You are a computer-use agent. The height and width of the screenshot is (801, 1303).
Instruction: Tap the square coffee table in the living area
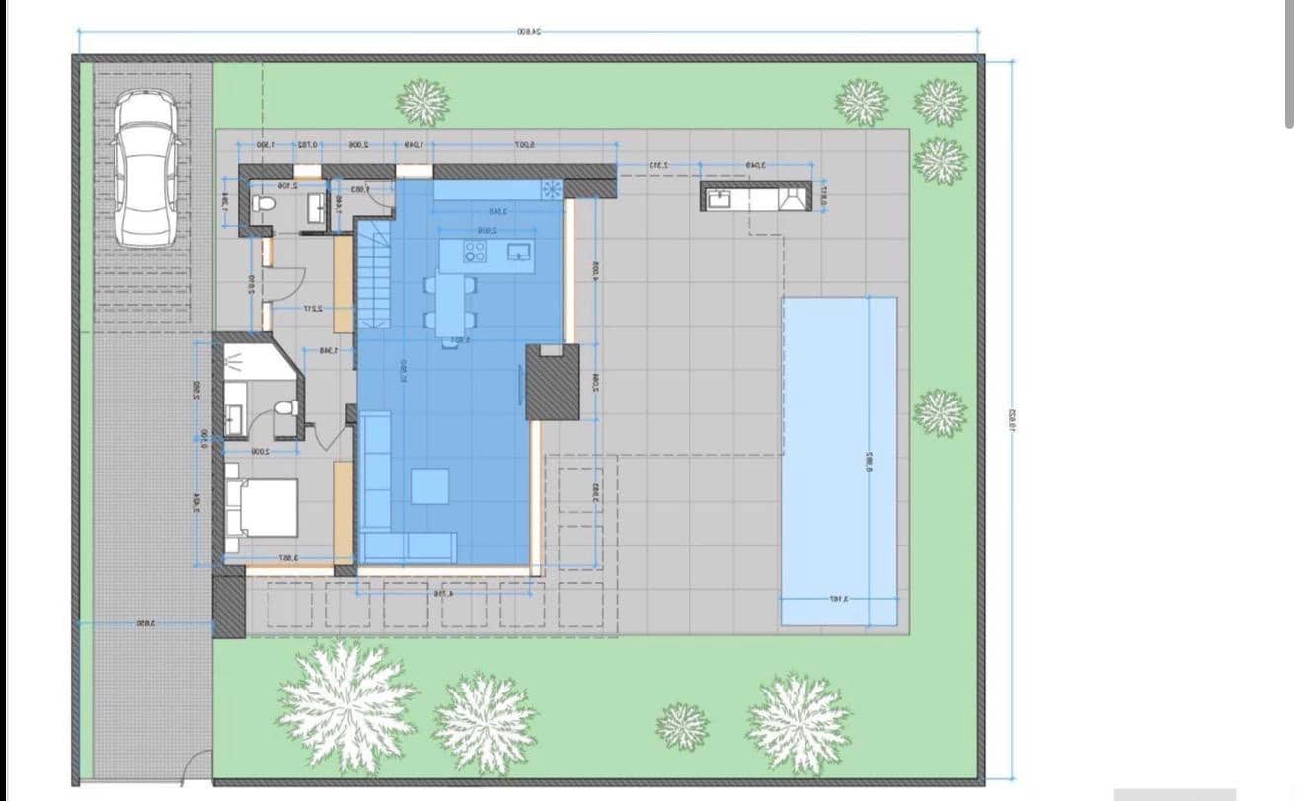click(x=429, y=485)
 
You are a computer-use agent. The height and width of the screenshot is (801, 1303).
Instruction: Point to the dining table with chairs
click(x=450, y=301)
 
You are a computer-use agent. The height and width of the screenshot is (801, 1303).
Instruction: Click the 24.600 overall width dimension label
click(x=529, y=32)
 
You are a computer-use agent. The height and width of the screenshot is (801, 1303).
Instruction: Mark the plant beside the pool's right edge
click(x=939, y=412)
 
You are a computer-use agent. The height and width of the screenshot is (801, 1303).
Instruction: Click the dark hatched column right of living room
click(x=552, y=382)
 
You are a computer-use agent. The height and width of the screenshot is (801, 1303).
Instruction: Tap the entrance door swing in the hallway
click(x=277, y=284)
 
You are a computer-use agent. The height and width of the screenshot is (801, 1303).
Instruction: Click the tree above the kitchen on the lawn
click(x=422, y=102)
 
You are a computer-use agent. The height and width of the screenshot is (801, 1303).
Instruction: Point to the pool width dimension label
click(x=838, y=599)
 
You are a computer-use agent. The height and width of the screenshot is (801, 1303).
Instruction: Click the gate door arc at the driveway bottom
click(x=197, y=765)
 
